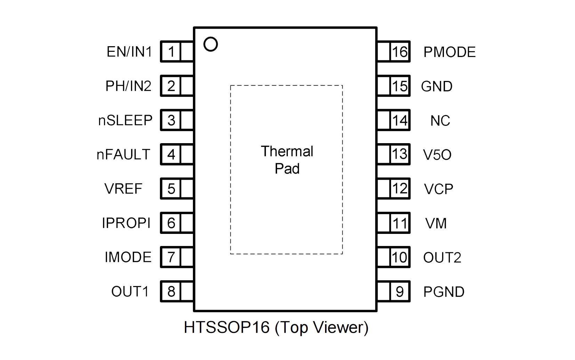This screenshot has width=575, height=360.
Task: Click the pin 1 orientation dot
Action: (210, 44)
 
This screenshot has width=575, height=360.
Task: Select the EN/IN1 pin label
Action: (129, 52)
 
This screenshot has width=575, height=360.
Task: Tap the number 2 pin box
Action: (171, 86)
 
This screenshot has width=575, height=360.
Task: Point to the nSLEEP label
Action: (125, 120)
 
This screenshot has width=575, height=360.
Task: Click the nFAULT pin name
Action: (123, 154)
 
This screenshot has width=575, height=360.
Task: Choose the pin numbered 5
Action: (171, 189)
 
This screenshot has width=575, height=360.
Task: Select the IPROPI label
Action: (126, 223)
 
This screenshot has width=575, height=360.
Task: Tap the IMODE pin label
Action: (128, 257)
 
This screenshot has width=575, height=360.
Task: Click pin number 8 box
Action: (171, 291)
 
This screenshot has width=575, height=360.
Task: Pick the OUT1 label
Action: (130, 291)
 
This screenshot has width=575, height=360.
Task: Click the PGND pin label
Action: (444, 292)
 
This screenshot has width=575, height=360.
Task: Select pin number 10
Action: (399, 257)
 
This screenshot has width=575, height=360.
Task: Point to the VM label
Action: (436, 223)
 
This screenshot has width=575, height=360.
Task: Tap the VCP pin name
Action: (438, 189)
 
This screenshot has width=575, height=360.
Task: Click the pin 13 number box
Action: (399, 154)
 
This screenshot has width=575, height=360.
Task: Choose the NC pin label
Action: (440, 121)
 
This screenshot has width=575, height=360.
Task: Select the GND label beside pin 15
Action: (437, 86)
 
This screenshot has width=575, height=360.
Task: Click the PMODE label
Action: (449, 52)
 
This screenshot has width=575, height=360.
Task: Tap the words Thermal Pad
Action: (287, 160)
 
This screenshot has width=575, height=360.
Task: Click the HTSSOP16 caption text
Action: (276, 327)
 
